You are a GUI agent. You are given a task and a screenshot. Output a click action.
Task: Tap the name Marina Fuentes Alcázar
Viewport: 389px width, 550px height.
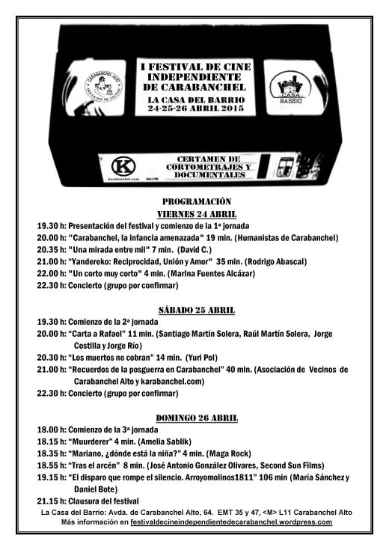click(211, 273)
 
